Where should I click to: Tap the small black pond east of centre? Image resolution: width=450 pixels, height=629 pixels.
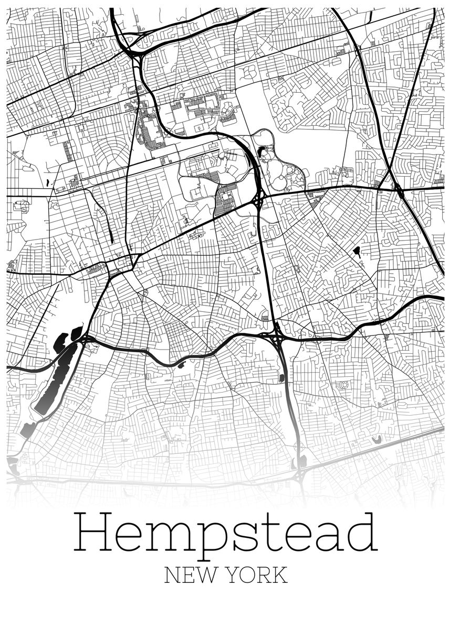(357, 252)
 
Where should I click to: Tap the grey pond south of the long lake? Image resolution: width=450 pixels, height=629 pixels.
(26, 429)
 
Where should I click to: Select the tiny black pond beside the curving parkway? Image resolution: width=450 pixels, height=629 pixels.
(181, 365)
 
